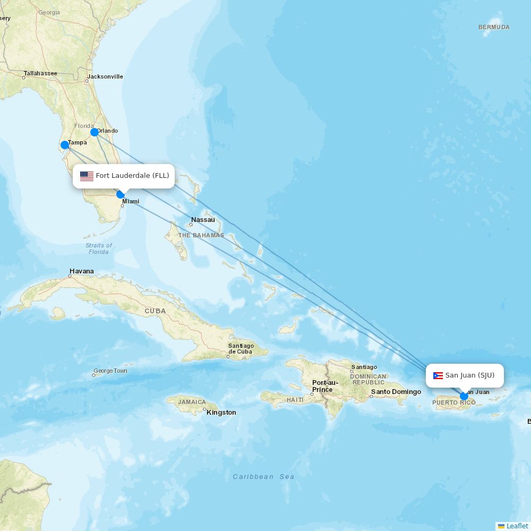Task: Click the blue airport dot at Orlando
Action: (x=95, y=132)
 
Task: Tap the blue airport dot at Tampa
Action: (x=65, y=145)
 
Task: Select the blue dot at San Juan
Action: (x=464, y=396)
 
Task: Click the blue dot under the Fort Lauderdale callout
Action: (x=121, y=194)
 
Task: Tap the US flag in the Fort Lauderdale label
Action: (x=87, y=176)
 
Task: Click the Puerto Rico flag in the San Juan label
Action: (x=438, y=375)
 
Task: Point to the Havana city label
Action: (x=81, y=271)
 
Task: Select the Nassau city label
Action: (x=203, y=220)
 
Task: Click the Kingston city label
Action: (x=221, y=413)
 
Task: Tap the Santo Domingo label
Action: (x=396, y=392)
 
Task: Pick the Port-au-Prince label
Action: (x=325, y=386)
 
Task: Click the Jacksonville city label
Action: (x=105, y=76)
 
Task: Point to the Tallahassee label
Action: (x=40, y=73)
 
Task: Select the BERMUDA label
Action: (x=494, y=27)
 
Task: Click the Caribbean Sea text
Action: (x=263, y=477)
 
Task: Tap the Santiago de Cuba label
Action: (x=241, y=349)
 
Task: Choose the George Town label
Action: (x=110, y=371)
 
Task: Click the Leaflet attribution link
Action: (x=517, y=526)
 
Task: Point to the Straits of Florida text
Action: (x=99, y=249)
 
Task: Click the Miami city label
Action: (x=131, y=202)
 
